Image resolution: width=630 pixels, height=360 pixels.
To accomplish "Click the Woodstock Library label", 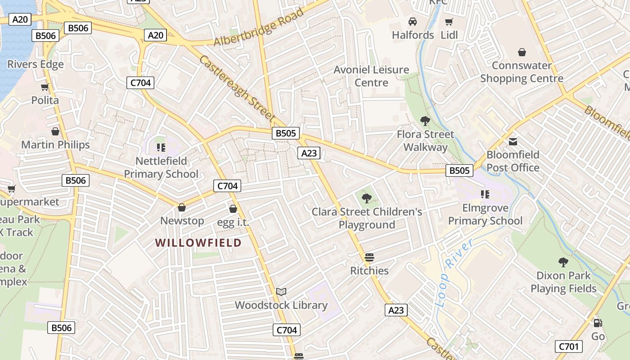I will pyautogui.click(x=281, y=305).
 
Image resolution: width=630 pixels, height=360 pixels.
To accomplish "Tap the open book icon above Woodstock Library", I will pyautogui.click(x=281, y=292).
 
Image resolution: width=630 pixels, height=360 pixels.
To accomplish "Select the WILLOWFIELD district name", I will pyautogui.click(x=198, y=243).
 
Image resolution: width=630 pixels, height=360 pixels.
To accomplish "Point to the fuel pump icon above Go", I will pyautogui.click(x=598, y=323).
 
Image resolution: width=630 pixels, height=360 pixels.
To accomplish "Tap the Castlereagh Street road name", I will pyautogui.click(x=237, y=88).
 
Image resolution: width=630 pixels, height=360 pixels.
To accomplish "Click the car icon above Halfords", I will pyautogui.click(x=413, y=22).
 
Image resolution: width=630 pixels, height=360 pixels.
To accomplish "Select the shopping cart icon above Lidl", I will pyautogui.click(x=449, y=22).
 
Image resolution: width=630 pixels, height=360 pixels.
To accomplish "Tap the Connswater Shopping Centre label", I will pyautogui.click(x=522, y=72).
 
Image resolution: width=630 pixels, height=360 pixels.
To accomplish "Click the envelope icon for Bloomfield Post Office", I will pyautogui.click(x=513, y=142).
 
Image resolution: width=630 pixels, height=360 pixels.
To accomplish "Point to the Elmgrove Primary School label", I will pyautogui.click(x=485, y=215).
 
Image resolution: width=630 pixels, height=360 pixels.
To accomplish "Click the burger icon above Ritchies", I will pyautogui.click(x=369, y=257).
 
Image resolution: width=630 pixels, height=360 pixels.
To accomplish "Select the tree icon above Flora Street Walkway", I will pyautogui.click(x=425, y=121).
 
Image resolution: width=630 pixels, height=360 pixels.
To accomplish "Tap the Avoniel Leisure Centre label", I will pyautogui.click(x=371, y=76).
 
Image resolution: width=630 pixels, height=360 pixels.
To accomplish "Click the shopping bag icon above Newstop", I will pyautogui.click(x=182, y=207).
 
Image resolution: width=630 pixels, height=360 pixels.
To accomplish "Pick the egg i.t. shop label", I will pyautogui.click(x=233, y=222).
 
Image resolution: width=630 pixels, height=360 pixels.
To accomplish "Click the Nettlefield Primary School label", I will pyautogui.click(x=161, y=167).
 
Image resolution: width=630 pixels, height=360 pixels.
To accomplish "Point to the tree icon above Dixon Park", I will pyautogui.click(x=563, y=262).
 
